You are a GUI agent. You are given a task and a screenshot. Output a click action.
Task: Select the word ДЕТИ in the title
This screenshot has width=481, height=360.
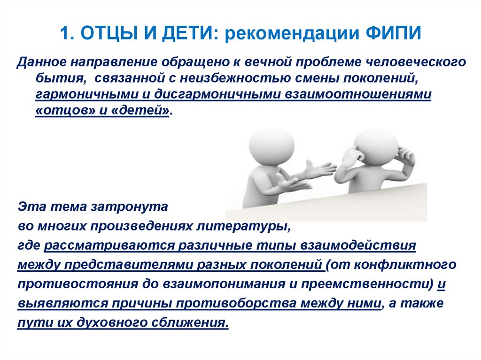coord(188,33)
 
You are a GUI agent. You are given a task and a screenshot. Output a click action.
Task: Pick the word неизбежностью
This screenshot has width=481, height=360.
coord(235,78)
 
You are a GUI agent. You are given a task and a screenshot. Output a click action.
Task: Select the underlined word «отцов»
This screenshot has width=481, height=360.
coord(66,110)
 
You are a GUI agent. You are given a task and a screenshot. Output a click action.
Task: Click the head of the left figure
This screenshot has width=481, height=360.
coord(271,144)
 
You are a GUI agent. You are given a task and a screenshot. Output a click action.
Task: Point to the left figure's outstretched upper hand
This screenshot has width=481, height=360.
coord(319,169)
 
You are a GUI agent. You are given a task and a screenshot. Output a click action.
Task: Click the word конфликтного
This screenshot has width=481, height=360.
coord(405,265)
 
